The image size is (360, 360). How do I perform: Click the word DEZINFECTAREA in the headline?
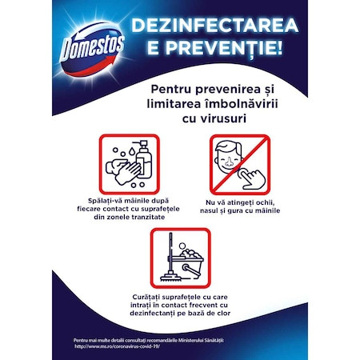[215, 26]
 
